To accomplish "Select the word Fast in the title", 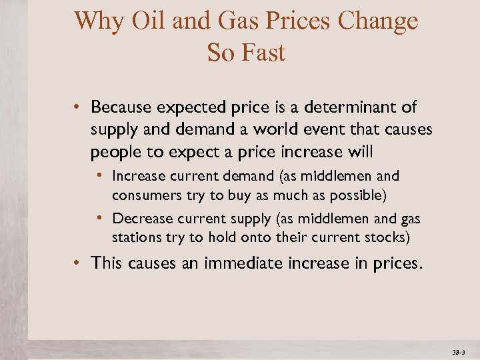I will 265,52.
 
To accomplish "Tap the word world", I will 281,129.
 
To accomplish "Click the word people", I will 117,151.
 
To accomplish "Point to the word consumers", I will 141,195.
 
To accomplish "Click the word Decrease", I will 141,219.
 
